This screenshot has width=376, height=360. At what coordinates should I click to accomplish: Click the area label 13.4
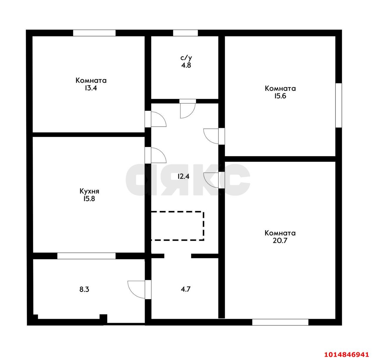click(x=90, y=88)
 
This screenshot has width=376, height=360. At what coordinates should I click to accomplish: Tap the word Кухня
click(x=89, y=191)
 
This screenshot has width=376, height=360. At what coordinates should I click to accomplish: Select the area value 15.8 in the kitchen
click(x=89, y=199)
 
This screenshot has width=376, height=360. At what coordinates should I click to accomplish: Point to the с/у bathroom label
click(x=186, y=58)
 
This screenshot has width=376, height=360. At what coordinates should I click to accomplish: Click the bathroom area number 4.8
click(x=186, y=65)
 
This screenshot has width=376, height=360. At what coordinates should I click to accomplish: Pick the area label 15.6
click(x=280, y=96)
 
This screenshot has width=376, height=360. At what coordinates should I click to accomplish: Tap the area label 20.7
click(x=280, y=241)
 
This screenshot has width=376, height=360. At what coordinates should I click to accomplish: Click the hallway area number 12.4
click(x=183, y=176)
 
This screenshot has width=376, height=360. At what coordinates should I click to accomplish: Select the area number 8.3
click(x=84, y=289)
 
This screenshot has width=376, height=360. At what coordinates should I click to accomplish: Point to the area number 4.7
click(x=186, y=289)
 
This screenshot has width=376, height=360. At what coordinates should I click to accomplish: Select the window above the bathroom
click(x=185, y=33)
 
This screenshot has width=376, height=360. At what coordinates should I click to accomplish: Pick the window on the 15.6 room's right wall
click(x=338, y=106)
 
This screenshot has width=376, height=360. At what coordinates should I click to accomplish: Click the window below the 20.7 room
click(x=280, y=322)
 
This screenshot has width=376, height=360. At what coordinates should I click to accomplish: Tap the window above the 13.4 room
click(x=94, y=33)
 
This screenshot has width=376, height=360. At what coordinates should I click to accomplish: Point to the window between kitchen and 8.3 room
click(x=86, y=256)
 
